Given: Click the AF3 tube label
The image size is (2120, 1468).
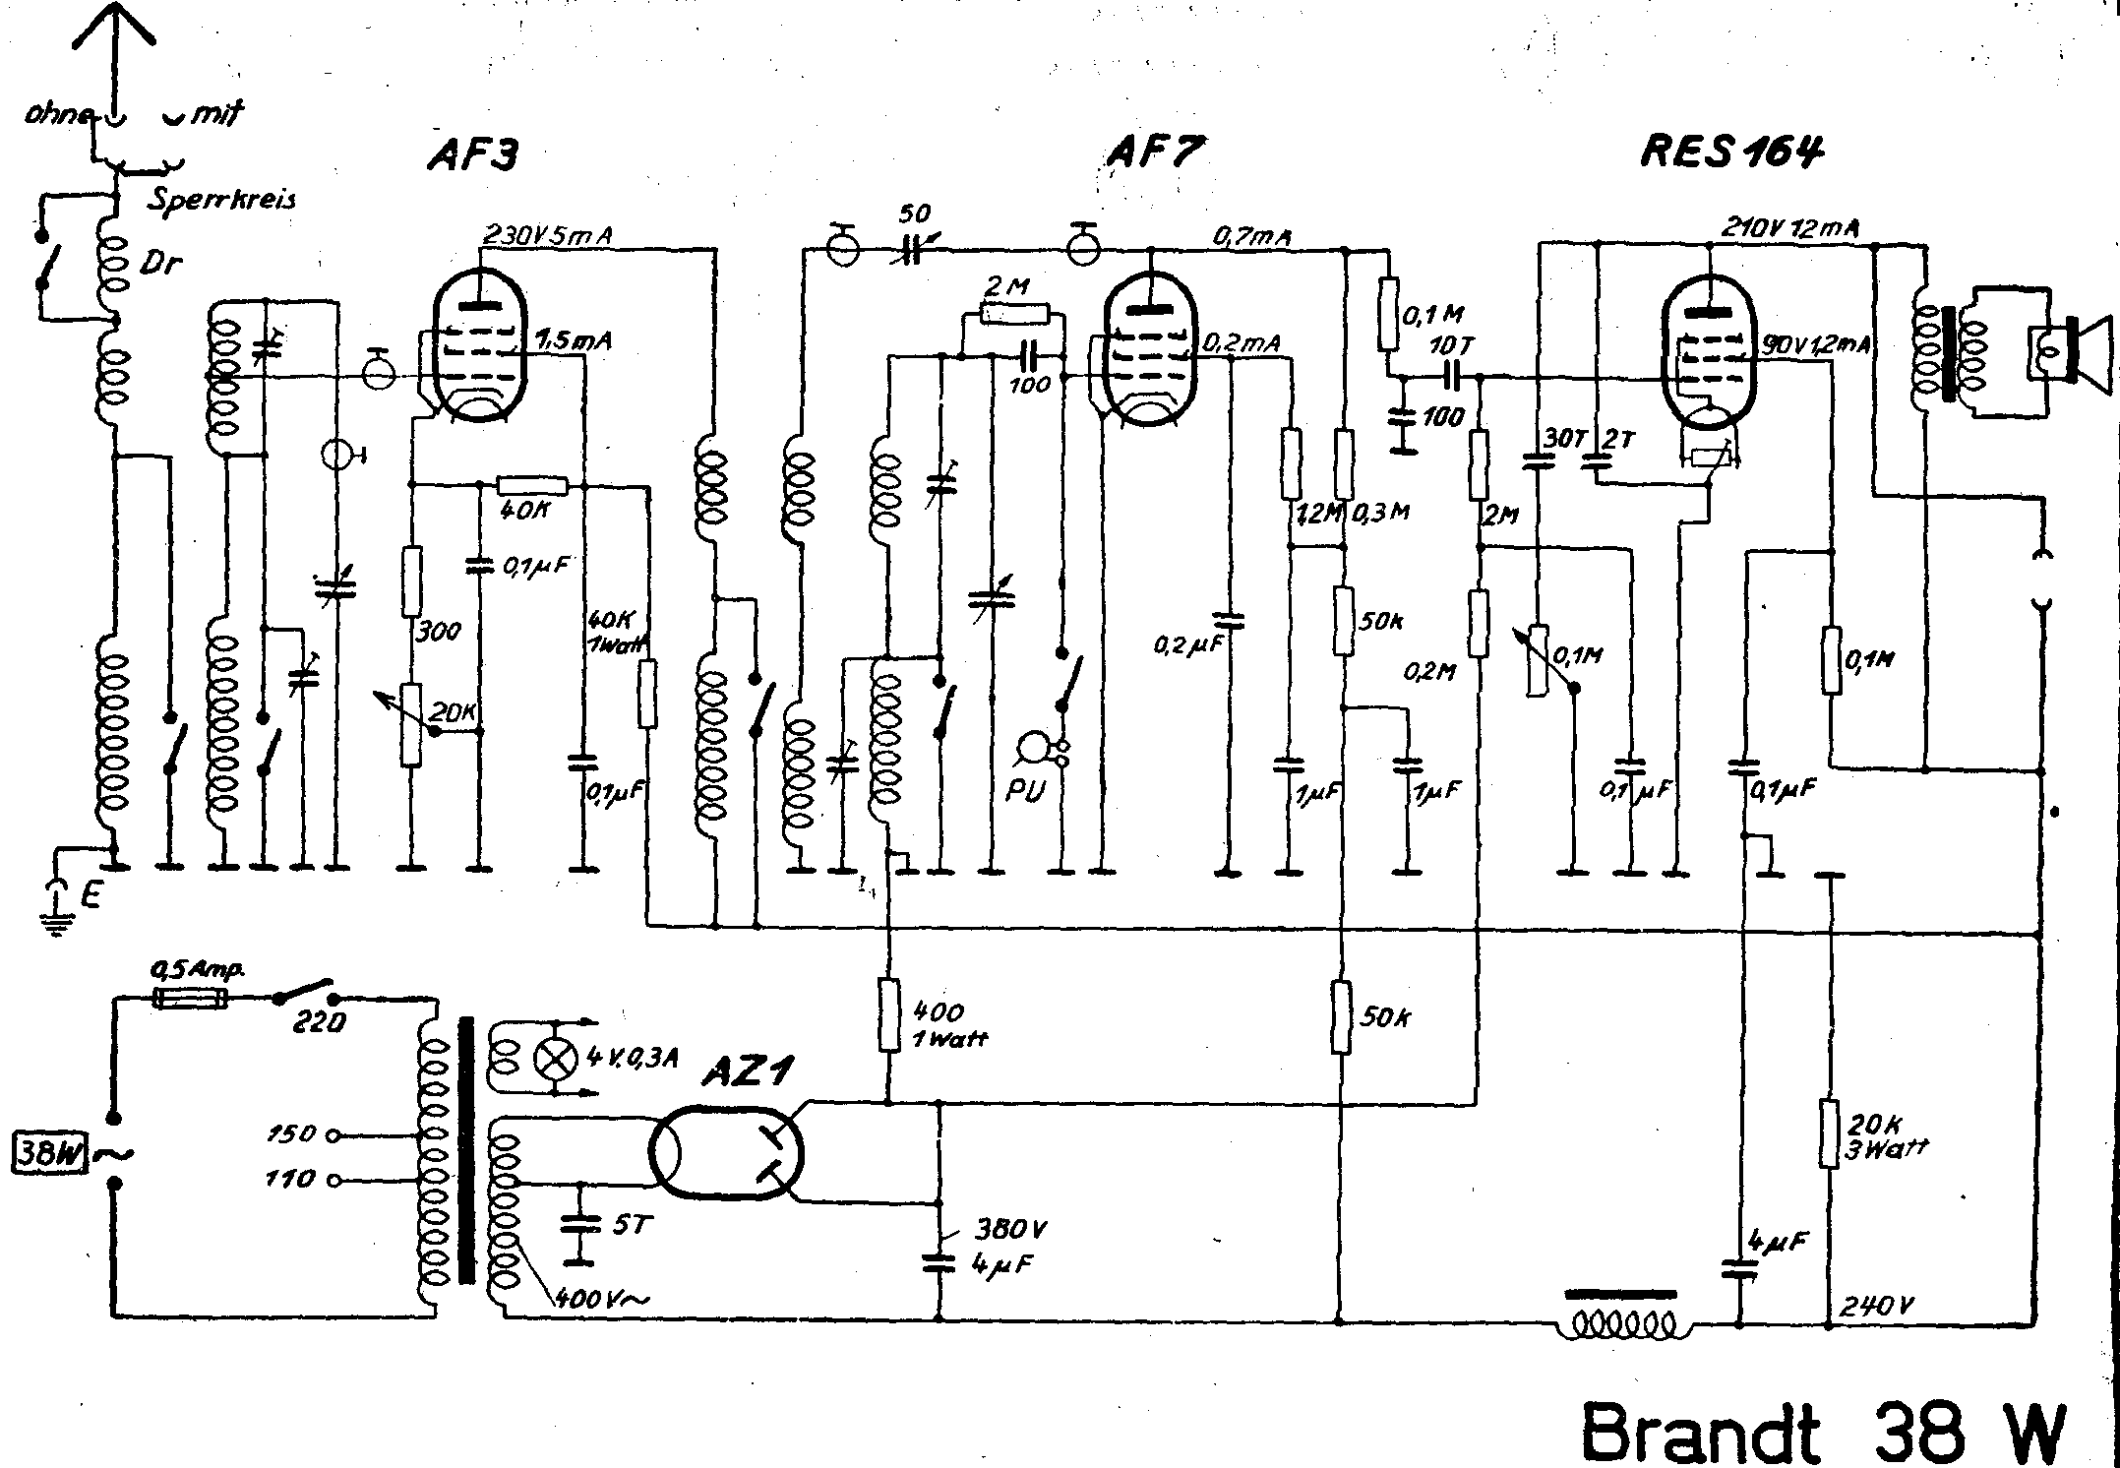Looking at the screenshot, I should (473, 154).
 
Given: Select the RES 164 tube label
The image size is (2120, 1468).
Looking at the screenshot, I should (1731, 153).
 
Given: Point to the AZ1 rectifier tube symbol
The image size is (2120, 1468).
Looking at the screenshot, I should (727, 1150).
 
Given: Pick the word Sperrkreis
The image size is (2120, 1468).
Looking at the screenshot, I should (221, 199).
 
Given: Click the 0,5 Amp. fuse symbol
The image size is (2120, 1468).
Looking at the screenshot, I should (191, 1000).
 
